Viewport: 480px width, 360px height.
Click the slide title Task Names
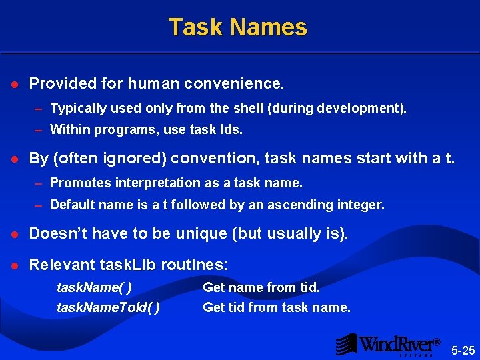point(237,27)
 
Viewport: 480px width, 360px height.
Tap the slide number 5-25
point(463,349)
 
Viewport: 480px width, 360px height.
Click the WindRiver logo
point(387,344)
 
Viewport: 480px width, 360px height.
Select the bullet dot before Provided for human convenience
point(14,85)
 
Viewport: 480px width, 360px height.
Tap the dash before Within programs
point(39,130)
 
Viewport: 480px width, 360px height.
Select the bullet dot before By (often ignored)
point(14,159)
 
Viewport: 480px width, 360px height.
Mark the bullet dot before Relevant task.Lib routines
point(14,266)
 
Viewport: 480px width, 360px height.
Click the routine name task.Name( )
point(94,287)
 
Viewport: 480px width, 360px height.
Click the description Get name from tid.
point(261,287)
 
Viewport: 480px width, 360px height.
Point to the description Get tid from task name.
point(276,307)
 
